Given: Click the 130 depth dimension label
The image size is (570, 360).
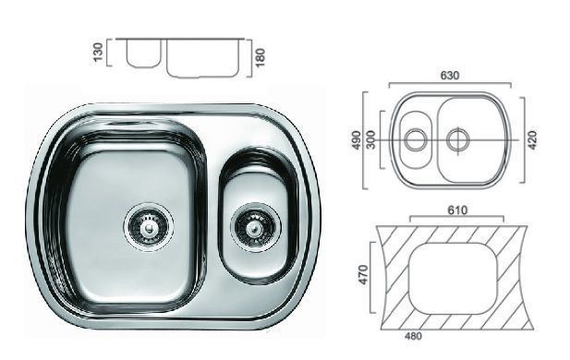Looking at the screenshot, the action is pos(98,53).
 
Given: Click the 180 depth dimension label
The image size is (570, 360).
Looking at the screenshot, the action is pos(261,58).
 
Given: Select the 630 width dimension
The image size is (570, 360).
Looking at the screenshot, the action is pos(450,76).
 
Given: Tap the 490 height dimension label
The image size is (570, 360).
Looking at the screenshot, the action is pos(357,140).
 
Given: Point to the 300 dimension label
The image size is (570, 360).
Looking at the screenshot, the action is pos(371,140).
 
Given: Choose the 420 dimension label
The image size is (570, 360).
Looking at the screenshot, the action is pos(532,140).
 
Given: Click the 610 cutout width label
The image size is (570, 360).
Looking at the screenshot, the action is pos(457,210).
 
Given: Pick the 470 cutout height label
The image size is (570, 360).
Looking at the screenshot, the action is pos(363,275).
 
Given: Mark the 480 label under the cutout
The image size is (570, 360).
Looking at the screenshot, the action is pos(413,336).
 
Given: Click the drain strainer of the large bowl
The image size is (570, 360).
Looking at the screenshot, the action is pos(149,226).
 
